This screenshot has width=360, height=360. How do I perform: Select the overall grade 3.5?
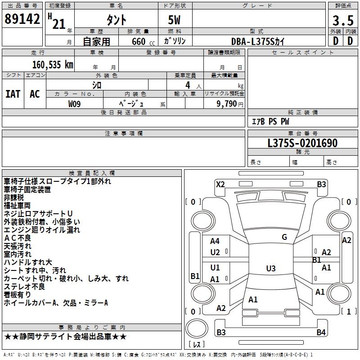tap(342, 20)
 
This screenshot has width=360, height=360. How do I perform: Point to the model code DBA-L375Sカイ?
tap(258, 41)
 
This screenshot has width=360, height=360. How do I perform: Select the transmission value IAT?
tap(13, 94)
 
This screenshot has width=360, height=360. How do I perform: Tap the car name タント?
tap(116, 20)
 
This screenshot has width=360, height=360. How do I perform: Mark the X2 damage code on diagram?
tap(220, 184)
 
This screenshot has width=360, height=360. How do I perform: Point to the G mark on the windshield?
tap(284, 237)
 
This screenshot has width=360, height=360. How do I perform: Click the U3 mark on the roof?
tap(270, 269)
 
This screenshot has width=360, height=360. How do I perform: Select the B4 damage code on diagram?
tap(321, 333)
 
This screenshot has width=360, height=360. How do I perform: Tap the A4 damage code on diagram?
tap(215, 241)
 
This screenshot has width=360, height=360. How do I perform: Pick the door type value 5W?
tap(175, 20)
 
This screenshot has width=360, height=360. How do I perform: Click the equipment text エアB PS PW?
tap(270, 121)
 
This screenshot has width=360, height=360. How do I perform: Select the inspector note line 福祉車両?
tap(17, 206)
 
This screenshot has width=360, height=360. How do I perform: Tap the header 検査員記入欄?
tap(92, 173)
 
